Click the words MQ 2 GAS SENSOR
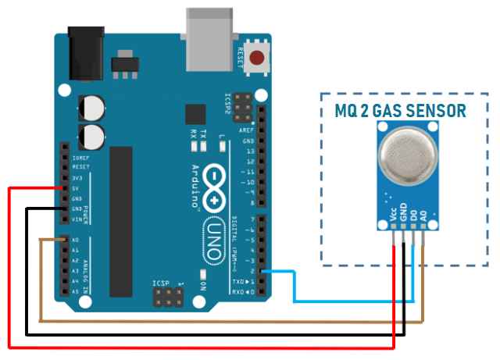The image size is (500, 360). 400,110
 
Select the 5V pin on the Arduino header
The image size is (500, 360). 65,189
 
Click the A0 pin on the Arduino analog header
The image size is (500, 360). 65,241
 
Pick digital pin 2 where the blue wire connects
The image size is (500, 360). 262,271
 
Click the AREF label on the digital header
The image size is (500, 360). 247,130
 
